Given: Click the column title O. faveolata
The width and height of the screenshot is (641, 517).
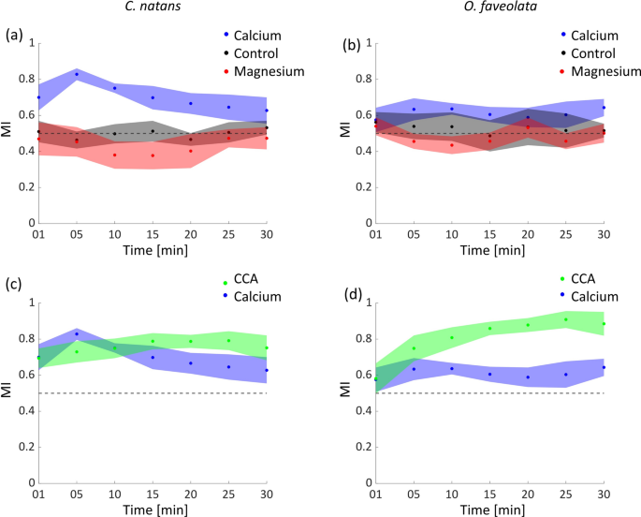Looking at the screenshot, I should click(488, 8).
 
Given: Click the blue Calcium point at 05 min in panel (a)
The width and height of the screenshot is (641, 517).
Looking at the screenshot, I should click(77, 74).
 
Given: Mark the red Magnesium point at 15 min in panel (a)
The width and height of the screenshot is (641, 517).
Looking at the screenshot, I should click(153, 155).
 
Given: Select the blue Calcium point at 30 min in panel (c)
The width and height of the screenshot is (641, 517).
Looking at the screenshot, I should click(268, 370).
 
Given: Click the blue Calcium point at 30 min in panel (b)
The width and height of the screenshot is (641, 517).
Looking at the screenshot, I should click(604, 108).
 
